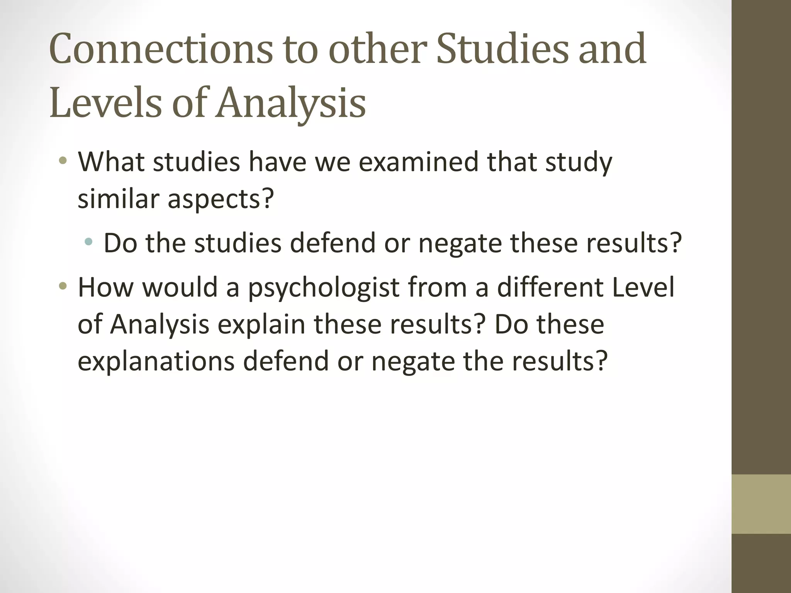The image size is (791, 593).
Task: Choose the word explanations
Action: (156, 361)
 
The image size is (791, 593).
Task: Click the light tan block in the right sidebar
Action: (761, 504)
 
